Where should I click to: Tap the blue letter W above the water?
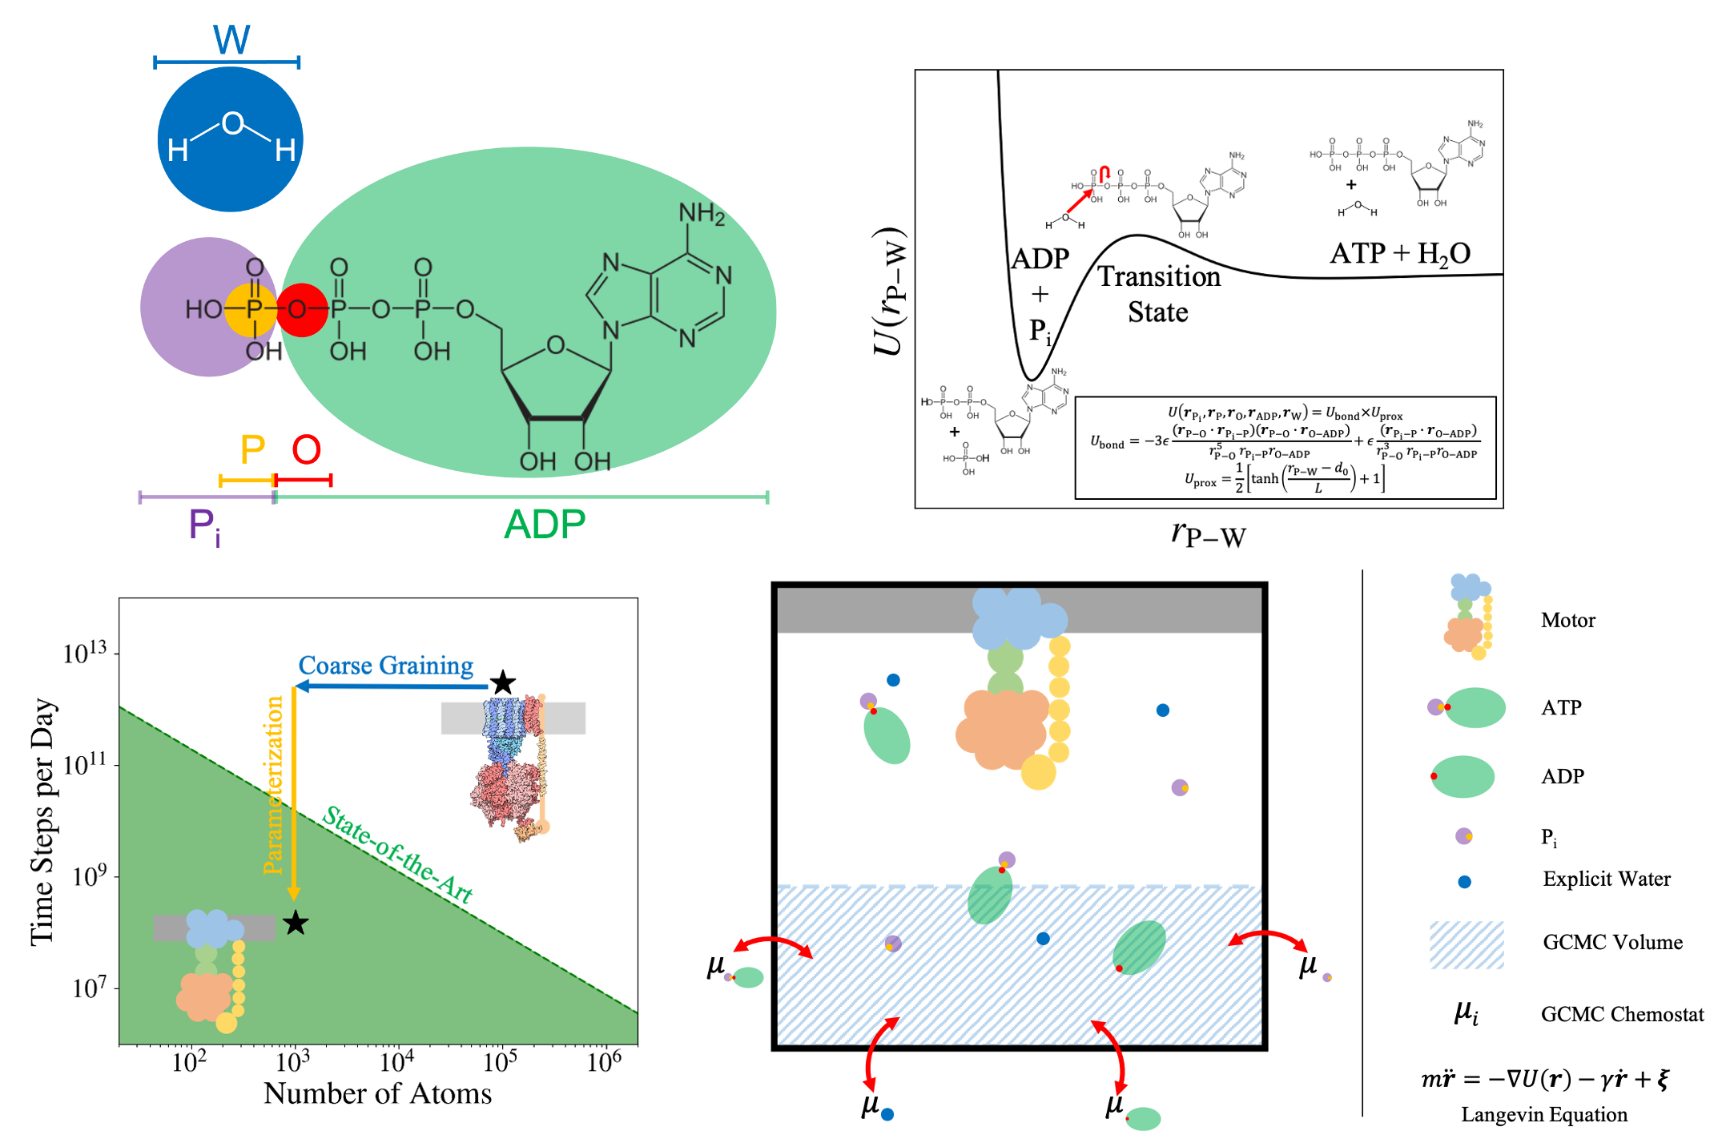coord(231,38)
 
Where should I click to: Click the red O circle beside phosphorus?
coord(302,309)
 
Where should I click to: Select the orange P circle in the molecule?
coord(251,309)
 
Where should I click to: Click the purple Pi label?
coord(203,527)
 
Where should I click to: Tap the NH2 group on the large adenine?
coord(702,214)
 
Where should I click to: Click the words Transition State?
coord(1158,294)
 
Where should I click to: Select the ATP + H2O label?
coord(1400,254)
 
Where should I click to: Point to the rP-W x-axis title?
coord(1208,533)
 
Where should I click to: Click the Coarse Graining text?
coord(385,666)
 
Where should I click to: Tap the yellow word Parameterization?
coord(273,785)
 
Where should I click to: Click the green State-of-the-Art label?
coord(397,855)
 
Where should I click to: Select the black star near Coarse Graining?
coord(502,682)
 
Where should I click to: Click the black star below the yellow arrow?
coord(296,923)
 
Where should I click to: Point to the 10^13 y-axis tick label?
coord(84,653)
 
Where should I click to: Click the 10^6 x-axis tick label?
coord(604,1062)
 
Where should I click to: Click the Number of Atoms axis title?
coord(377,1093)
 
